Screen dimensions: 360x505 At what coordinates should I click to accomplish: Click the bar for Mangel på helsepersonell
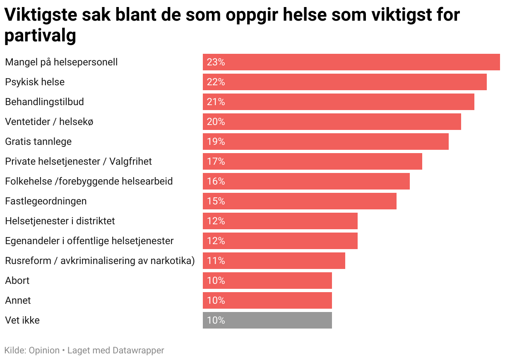(x=351, y=62)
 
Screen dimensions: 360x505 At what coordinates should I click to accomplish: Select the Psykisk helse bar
(x=344, y=82)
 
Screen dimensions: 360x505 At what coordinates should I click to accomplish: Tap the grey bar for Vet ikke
(x=267, y=320)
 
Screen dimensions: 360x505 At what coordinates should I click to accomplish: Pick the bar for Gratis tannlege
(x=325, y=142)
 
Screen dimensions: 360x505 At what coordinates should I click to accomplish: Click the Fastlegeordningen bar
(x=299, y=201)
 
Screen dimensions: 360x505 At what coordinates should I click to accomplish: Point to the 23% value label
(x=216, y=62)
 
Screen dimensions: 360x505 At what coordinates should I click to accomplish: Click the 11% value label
(x=216, y=261)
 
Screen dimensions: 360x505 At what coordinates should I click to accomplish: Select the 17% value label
(x=216, y=161)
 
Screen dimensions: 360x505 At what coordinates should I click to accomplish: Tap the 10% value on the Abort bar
(x=216, y=281)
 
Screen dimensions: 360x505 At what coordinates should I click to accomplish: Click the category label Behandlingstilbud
(x=44, y=102)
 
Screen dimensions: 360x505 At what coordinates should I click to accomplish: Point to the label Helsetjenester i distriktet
(x=60, y=221)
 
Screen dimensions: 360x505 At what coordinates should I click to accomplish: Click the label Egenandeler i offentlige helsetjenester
(x=89, y=241)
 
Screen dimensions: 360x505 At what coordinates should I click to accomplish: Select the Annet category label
(x=18, y=300)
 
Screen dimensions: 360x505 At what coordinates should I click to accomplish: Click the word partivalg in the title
(x=40, y=36)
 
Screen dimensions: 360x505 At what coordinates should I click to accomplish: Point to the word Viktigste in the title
(x=38, y=15)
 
